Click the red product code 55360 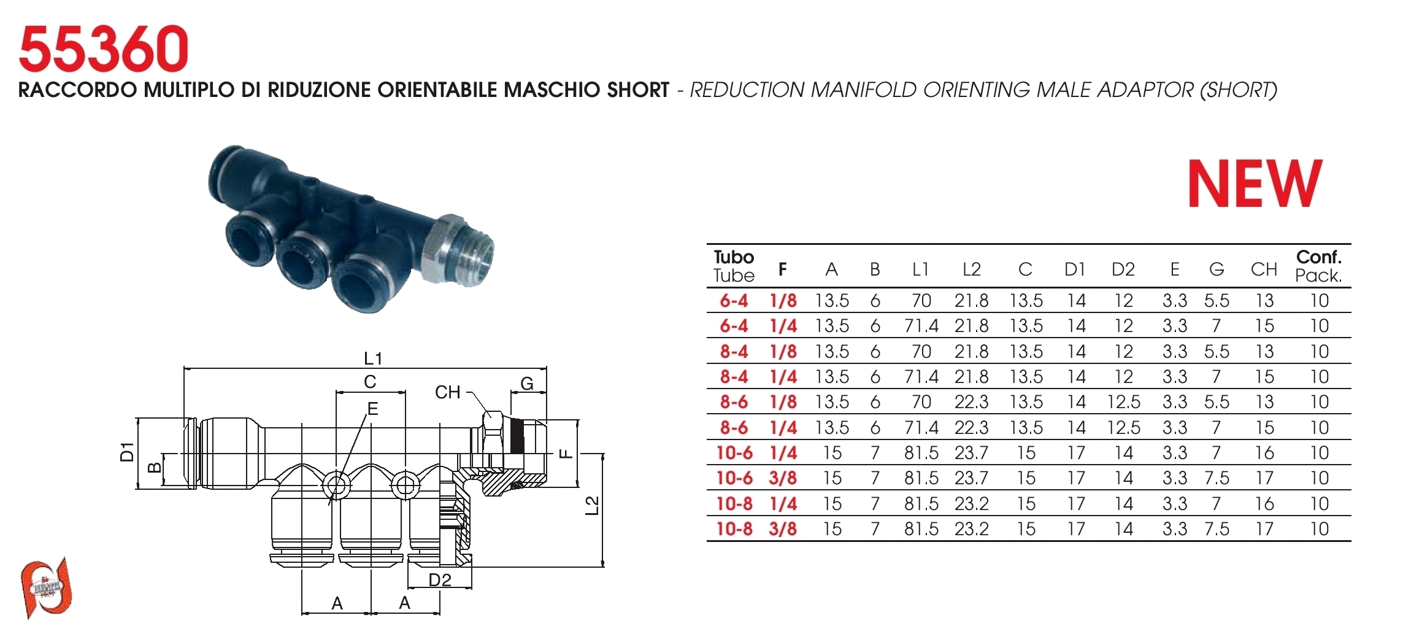point(104,48)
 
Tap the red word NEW point(1255,184)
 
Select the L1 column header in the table point(920,269)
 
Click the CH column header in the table point(1264,269)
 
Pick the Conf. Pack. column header point(1319,266)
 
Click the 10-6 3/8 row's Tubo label point(734,478)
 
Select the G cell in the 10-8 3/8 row point(1217,529)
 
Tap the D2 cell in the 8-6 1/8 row point(1123,402)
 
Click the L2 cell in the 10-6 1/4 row point(971,453)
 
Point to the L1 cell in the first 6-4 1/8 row point(921,301)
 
